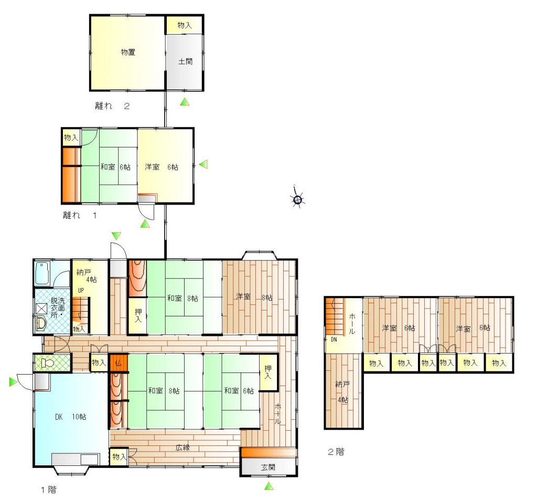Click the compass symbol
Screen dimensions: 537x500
(297, 199)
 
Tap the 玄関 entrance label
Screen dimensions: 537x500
(268, 467)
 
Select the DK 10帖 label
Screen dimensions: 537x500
(71, 417)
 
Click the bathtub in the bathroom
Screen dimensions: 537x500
(42, 273)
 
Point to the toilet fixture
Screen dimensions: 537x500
(48, 363)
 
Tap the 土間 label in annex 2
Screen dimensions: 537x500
(185, 61)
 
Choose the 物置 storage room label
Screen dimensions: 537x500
(128, 52)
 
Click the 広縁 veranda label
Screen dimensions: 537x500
(182, 447)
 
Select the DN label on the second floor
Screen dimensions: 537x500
(334, 339)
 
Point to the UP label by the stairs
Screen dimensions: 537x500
(81, 290)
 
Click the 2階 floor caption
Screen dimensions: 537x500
(336, 452)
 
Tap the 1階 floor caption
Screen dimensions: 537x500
(49, 490)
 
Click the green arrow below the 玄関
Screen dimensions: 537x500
(269, 486)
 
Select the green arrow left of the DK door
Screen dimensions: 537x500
(13, 382)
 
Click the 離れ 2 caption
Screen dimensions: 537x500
(112, 105)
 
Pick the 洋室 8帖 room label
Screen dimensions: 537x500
(254, 297)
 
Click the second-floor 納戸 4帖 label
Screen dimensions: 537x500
(342, 392)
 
